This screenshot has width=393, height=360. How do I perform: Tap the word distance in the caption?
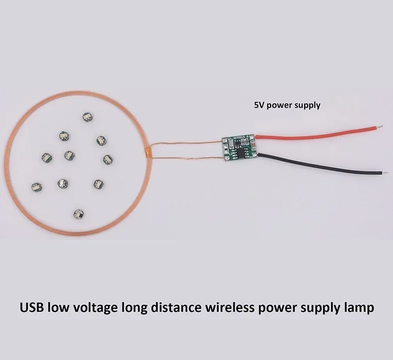pyautogui.click(x=176, y=307)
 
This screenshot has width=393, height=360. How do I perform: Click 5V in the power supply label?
pyautogui.click(x=259, y=105)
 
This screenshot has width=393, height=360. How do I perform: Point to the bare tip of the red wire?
pyautogui.click(x=380, y=127)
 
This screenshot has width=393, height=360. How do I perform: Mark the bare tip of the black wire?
pyautogui.click(x=385, y=173)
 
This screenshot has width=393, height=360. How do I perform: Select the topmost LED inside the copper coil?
pyautogui.click(x=88, y=117)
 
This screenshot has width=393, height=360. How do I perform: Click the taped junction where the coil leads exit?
pyautogui.click(x=149, y=152)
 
